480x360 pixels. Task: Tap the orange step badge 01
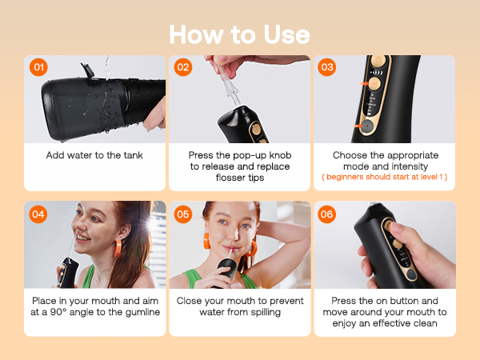38,67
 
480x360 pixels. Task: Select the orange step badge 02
183,67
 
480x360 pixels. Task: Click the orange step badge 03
327,67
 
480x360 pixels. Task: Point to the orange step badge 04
38,214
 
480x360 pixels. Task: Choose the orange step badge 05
183,214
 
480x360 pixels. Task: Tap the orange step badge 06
327,214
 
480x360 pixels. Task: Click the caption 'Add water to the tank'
94,154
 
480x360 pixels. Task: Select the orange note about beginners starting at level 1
385,176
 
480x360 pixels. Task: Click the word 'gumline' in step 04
139,311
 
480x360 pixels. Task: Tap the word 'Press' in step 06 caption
345,300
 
